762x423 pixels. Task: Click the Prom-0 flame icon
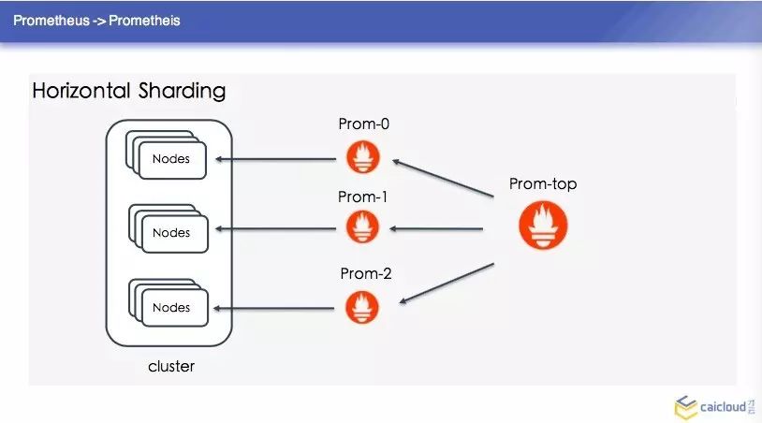[x=362, y=156]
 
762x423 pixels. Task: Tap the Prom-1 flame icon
[x=362, y=227]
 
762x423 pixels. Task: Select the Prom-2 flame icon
[x=362, y=306]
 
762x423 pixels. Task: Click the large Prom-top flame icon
[x=543, y=226]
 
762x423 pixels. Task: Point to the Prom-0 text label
[x=362, y=124]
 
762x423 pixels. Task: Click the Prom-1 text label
[x=362, y=197]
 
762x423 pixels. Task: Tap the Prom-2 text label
[x=366, y=274]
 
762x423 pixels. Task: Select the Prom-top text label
[x=543, y=184]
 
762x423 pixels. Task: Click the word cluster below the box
[x=171, y=366]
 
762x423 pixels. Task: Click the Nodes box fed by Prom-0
[x=171, y=159]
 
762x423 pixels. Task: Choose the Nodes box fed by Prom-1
[x=171, y=233]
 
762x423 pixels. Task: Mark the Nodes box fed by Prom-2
[x=171, y=308]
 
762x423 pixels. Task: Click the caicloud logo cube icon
[x=684, y=407]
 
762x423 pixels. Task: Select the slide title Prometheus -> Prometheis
[x=96, y=20]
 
